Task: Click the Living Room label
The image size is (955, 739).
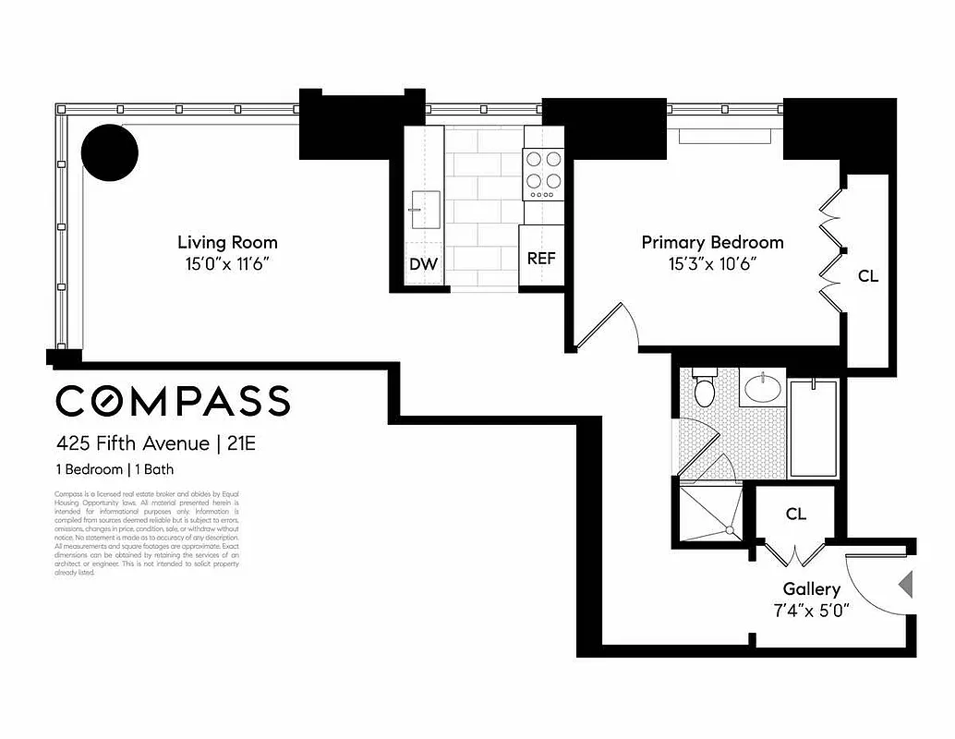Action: point(227,243)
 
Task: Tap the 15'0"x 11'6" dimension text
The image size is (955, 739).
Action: point(227,264)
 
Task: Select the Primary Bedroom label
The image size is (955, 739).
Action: point(712,243)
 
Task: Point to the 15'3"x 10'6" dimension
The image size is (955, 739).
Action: point(712,264)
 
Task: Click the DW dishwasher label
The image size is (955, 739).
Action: point(423,264)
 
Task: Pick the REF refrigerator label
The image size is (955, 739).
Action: point(541,259)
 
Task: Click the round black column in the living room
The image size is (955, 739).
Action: point(109,152)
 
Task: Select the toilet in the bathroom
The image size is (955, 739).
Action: point(705,388)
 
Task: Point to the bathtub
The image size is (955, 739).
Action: point(813,427)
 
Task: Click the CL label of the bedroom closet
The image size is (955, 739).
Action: point(867,275)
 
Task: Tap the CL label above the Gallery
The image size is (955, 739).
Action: point(796,514)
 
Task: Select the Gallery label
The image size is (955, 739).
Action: point(812,588)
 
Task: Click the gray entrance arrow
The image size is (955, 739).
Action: point(905,584)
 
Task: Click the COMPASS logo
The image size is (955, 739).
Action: point(173,401)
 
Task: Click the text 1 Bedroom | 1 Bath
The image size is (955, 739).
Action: point(115,469)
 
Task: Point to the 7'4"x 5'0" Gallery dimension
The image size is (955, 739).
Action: point(812,610)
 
